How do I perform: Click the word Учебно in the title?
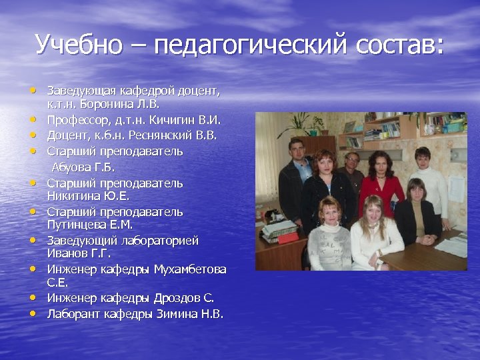tap(79, 45)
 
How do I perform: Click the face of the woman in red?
tap(380, 163)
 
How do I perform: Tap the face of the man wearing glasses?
tap(351, 160)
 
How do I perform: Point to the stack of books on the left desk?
tap(279, 231)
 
